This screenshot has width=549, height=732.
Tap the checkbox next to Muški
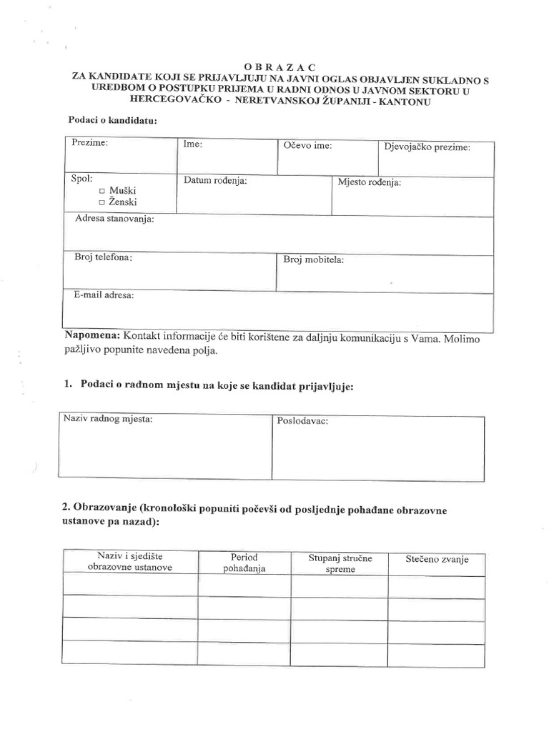[x=102, y=192]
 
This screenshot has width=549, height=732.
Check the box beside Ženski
[x=102, y=204]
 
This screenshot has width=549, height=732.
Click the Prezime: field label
[x=89, y=144]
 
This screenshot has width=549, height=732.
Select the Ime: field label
[x=193, y=144]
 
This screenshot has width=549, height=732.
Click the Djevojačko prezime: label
[x=427, y=147]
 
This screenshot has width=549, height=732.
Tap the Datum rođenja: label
[x=215, y=181]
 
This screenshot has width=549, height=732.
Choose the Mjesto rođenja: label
[x=369, y=182]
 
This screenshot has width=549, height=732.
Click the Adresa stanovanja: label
[x=114, y=219]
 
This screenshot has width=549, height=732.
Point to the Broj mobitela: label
[x=314, y=259]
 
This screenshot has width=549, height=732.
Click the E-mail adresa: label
[x=104, y=295]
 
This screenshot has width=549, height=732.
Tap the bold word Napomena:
[x=93, y=337]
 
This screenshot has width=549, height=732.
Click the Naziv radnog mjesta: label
[x=108, y=418]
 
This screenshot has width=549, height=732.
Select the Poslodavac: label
[x=302, y=421]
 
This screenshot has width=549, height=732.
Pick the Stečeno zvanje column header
[x=436, y=560]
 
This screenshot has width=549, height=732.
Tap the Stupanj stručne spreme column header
[x=340, y=563]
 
